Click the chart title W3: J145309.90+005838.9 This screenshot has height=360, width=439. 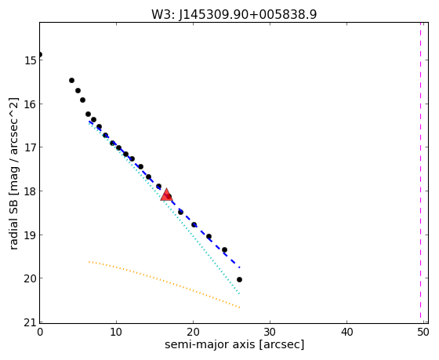click(x=234, y=14)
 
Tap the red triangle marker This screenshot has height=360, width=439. click(x=166, y=195)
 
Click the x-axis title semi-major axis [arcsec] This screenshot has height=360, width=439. click(x=234, y=344)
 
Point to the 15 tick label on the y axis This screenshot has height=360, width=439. click(x=31, y=60)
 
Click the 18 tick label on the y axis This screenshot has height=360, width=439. click(x=31, y=191)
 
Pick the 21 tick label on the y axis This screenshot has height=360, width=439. click(x=31, y=322)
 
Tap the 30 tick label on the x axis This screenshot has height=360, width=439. click(x=270, y=333)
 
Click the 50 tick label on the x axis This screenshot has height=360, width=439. click(x=423, y=333)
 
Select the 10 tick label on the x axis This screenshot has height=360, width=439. click(x=116, y=333)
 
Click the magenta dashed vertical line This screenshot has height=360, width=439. click(x=420, y=171)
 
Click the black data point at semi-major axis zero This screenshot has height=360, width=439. click(x=40, y=54)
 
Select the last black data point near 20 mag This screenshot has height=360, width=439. click(x=239, y=279)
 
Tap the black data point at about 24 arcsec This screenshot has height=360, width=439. click(x=224, y=249)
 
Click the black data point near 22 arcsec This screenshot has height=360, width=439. click(x=209, y=236)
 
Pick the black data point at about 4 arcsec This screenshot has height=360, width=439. click(x=71, y=81)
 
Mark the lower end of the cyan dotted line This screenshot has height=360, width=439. click(x=240, y=294)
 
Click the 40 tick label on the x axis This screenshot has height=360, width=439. click(x=346, y=333)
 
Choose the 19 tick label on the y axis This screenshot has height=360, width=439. click(x=31, y=235)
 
